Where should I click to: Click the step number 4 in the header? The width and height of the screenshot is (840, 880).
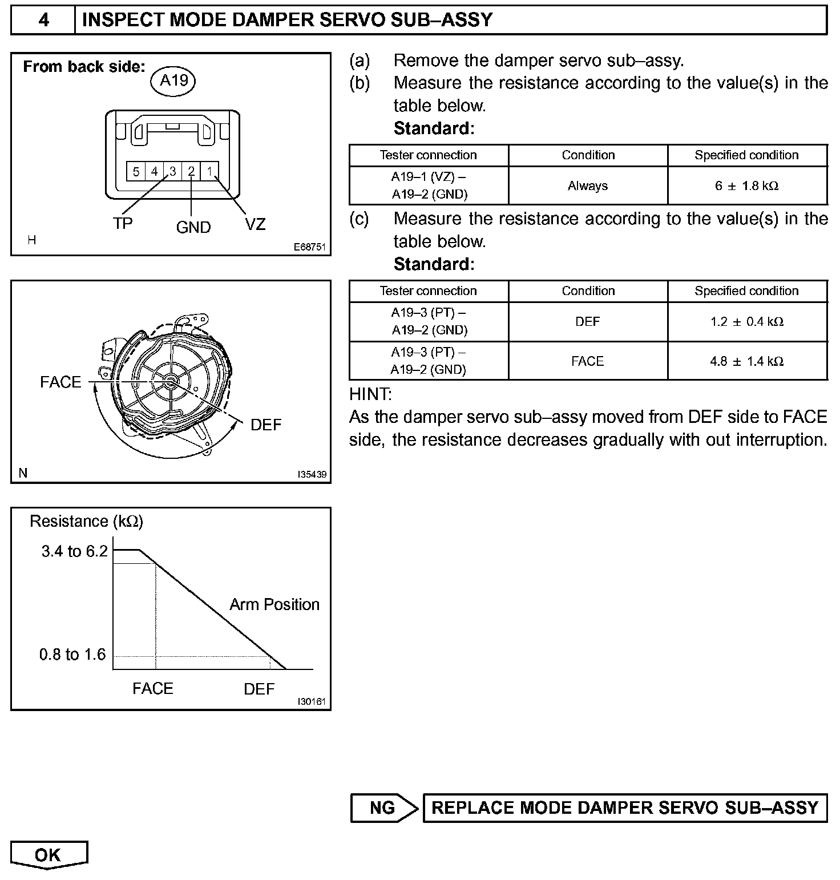(x=43, y=21)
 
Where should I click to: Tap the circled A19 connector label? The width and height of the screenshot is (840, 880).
(x=173, y=81)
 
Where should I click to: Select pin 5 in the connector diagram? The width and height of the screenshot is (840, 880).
(x=136, y=171)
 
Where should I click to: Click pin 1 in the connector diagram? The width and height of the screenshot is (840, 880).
(x=209, y=171)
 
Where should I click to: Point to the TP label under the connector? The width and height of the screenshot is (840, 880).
(x=123, y=224)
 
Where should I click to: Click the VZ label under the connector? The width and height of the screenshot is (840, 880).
(x=255, y=224)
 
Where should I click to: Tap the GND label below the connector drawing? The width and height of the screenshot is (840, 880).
(x=193, y=227)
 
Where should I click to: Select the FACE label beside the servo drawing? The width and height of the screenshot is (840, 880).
(x=60, y=382)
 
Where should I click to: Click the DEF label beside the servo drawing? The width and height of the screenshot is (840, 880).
(x=266, y=425)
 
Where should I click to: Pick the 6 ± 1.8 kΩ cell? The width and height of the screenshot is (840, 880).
(x=746, y=185)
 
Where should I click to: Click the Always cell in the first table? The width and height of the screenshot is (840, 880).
(x=588, y=185)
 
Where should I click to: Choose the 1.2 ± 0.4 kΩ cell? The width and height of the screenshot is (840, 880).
(x=746, y=322)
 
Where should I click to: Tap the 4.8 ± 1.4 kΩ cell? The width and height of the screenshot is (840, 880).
(x=746, y=361)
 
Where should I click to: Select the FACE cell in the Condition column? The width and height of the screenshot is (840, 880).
(x=588, y=361)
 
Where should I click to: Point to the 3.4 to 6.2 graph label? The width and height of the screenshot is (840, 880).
(x=74, y=551)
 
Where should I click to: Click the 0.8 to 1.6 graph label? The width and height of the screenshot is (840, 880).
(x=72, y=655)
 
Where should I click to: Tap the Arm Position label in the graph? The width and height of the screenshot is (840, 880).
(x=274, y=604)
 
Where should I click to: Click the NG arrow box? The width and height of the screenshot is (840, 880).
(x=383, y=808)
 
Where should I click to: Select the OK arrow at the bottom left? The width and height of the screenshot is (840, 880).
(x=48, y=854)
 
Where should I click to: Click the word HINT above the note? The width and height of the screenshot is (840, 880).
(x=370, y=394)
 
